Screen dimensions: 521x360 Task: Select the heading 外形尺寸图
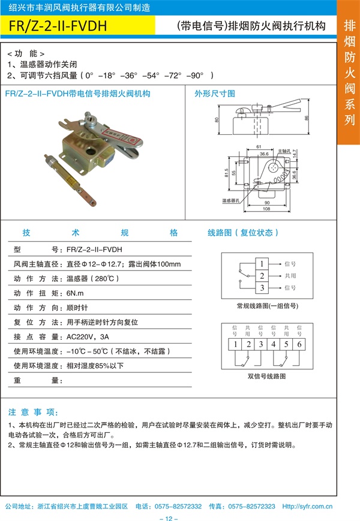click(214, 94)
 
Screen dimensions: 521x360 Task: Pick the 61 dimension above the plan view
click(258, 146)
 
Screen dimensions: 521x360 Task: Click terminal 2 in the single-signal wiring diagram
click(262, 276)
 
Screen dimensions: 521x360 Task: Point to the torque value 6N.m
click(74, 293)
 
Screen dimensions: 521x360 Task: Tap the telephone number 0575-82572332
click(178, 506)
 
